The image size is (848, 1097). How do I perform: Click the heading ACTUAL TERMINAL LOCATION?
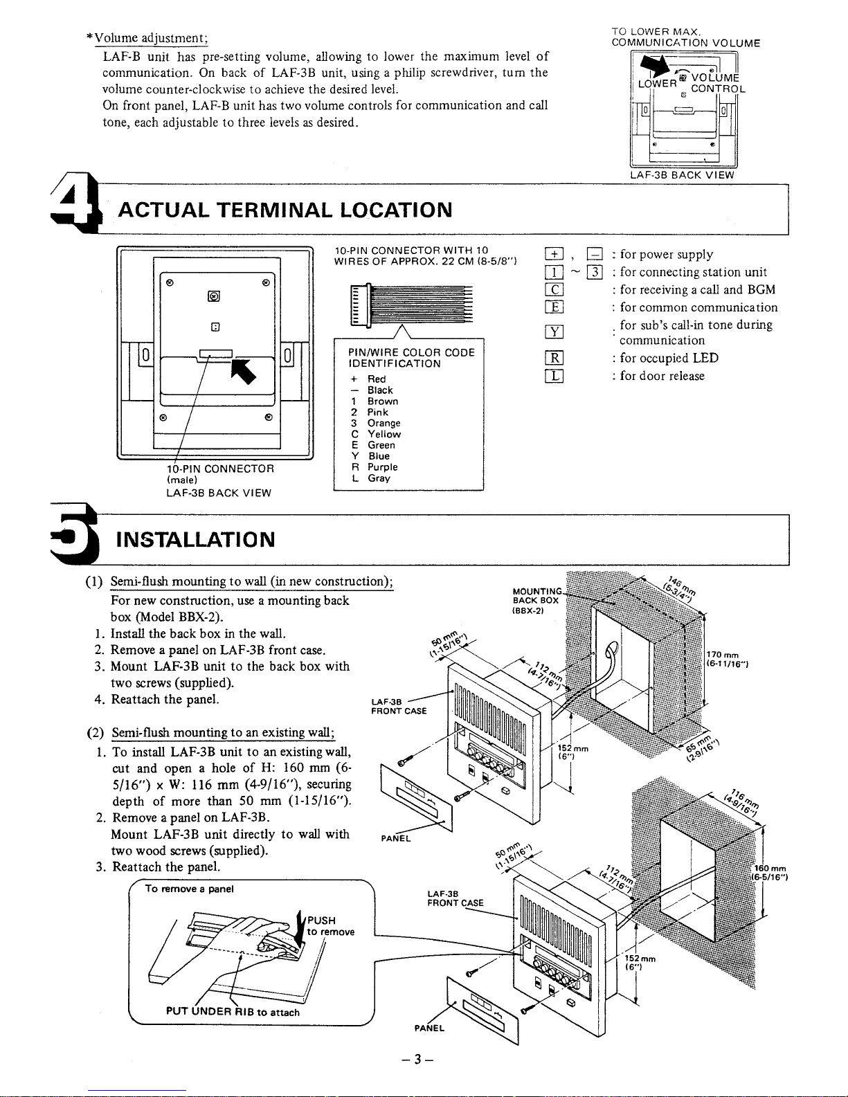point(285,210)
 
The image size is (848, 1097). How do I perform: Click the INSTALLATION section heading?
point(197,538)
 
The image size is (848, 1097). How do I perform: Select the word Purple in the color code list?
point(382,467)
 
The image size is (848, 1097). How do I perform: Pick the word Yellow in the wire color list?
point(384,434)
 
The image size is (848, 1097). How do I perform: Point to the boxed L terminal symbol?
point(554,376)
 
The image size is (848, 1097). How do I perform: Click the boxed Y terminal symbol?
point(554,332)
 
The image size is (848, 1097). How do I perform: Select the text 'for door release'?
point(662,376)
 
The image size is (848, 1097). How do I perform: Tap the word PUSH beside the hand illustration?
point(321,920)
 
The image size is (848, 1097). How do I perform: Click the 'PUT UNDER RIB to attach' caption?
point(233,1012)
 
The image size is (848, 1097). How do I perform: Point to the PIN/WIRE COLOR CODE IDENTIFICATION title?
point(411,358)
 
